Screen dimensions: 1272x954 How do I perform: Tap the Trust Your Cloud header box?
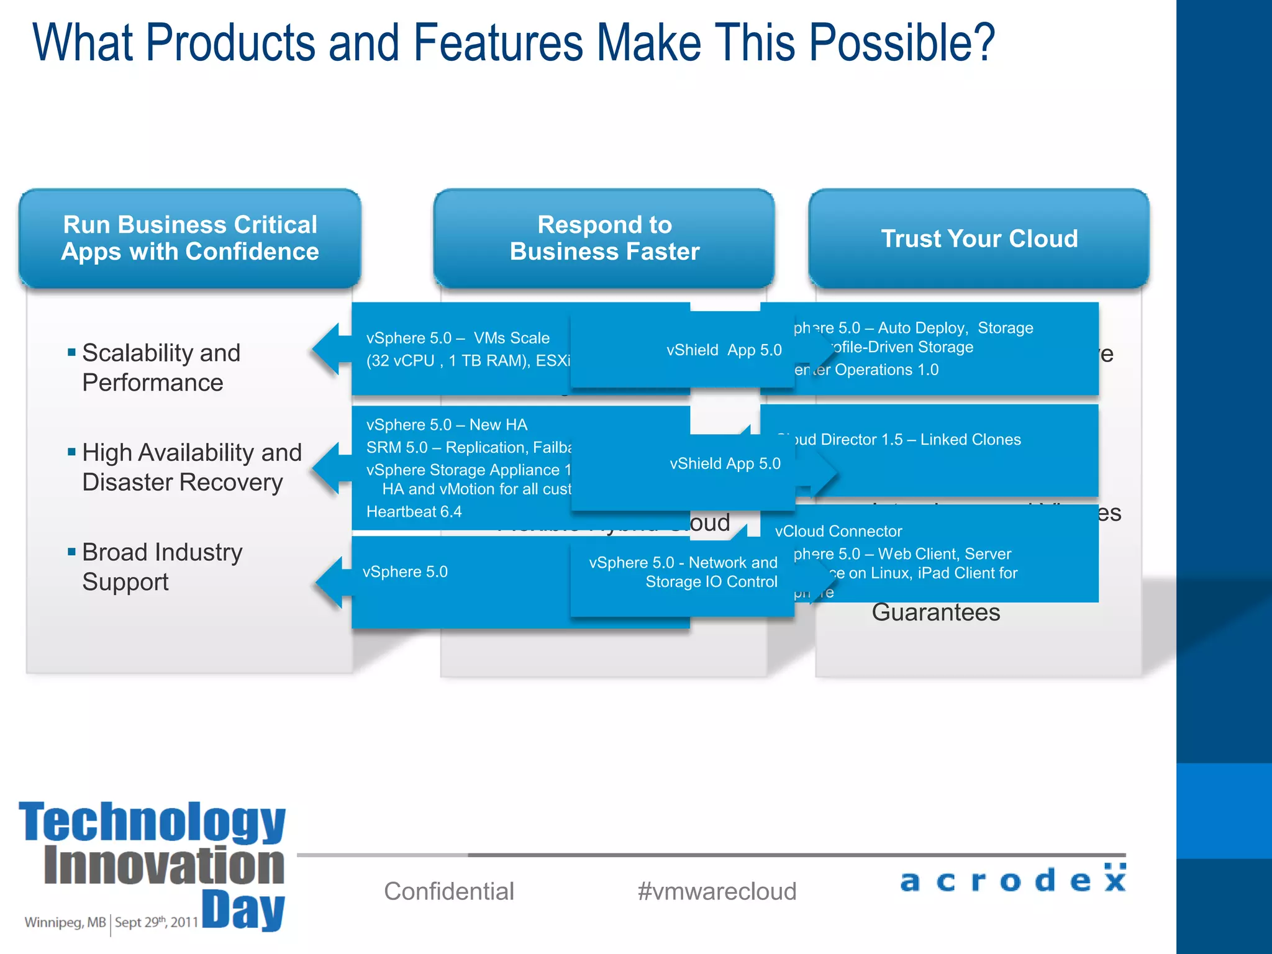point(979,238)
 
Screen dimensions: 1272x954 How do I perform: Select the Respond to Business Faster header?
point(604,238)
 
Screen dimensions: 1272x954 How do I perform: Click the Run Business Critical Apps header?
point(190,238)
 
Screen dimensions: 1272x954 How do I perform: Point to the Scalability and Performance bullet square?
point(71,353)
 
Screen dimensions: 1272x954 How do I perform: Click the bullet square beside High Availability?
point(71,452)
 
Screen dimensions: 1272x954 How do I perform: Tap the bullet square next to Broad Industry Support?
point(71,552)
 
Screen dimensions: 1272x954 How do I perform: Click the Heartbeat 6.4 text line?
point(414,512)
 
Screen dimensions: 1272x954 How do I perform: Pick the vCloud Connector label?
point(838,531)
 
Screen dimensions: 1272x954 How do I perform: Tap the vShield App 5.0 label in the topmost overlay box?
point(724,350)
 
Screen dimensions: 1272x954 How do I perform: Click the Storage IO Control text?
point(711,582)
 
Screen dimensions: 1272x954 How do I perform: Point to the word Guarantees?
point(935,612)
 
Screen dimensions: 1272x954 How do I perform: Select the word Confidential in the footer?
point(449,891)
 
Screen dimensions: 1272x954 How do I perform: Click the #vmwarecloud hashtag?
point(717,891)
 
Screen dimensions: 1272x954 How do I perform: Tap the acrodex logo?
point(1012,879)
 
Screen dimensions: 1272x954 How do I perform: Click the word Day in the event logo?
point(243,911)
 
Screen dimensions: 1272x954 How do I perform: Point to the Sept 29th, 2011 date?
point(156,922)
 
